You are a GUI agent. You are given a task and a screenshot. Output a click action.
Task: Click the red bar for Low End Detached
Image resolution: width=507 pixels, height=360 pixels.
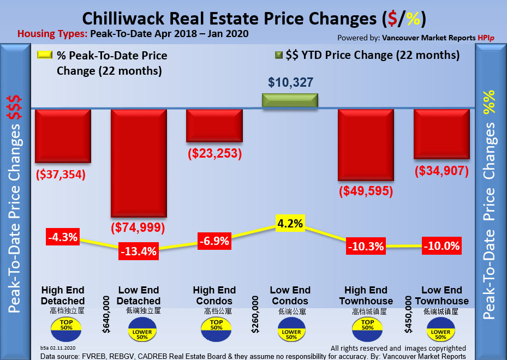pyautogui.click(x=139, y=163)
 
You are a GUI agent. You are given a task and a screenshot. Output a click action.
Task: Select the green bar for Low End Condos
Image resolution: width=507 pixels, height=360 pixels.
pyautogui.click(x=290, y=101)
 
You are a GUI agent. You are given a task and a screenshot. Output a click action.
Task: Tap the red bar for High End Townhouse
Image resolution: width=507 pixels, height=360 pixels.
pyautogui.click(x=366, y=144)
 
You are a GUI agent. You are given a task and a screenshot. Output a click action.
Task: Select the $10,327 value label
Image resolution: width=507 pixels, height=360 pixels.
pyautogui.click(x=290, y=82)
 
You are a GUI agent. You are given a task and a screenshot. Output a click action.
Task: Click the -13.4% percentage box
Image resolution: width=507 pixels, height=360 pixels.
pyautogui.click(x=139, y=252)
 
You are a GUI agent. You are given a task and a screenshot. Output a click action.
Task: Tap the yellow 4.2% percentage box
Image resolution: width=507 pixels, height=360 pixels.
pyautogui.click(x=290, y=223)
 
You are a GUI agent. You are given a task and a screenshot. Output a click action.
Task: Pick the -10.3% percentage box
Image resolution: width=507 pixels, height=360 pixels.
pyautogui.click(x=366, y=246)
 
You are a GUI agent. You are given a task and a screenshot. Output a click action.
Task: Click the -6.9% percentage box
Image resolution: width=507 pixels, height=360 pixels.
pyautogui.click(x=213, y=241)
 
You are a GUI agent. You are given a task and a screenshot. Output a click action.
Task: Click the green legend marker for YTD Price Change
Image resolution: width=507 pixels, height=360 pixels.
pyautogui.click(x=278, y=55)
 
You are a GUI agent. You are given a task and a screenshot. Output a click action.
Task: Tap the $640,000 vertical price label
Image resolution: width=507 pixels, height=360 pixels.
pyautogui.click(x=106, y=314)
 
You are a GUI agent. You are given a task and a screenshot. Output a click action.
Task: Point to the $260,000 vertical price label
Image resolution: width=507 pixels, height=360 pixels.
pyautogui.click(x=255, y=314)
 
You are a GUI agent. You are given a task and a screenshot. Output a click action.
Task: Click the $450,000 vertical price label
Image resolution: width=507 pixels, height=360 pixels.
pyautogui.click(x=408, y=314)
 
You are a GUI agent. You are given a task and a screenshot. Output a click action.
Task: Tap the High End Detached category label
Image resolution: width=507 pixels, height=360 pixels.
pyautogui.click(x=63, y=296)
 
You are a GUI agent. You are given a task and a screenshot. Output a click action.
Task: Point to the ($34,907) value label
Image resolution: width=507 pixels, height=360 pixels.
pyautogui.click(x=442, y=171)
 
